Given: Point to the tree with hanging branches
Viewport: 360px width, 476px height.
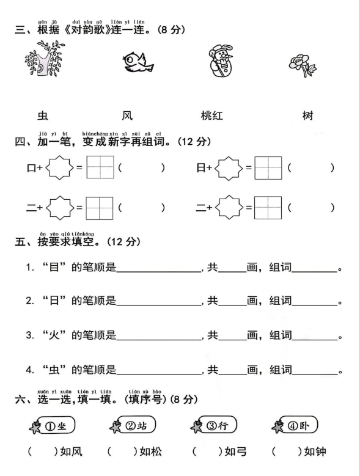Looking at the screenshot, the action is pos(44,60).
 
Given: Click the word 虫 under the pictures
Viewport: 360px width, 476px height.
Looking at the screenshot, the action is pos(42,115).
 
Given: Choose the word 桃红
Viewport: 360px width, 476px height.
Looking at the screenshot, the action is pos(211,115).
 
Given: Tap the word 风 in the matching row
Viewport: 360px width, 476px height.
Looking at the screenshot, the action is pos(127,115).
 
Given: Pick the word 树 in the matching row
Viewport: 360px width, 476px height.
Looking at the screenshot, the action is pos(307,115).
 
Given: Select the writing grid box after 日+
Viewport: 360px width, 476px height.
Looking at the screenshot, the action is pos(268,168).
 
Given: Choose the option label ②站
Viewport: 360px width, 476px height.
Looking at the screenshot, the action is pos(138,426).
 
